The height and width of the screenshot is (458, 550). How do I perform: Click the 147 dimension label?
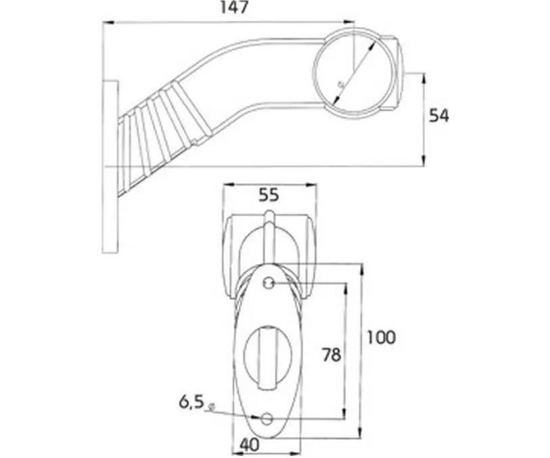(x=234, y=7)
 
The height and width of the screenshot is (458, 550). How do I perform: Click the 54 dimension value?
(x=439, y=116)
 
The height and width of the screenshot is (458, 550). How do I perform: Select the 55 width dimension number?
(x=269, y=195)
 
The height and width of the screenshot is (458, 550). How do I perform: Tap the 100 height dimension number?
(x=382, y=338)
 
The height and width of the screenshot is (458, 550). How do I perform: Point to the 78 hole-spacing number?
(x=331, y=355)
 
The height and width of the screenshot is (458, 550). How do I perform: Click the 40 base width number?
(x=250, y=445)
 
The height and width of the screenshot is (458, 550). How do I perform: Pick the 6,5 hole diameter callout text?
(x=191, y=403)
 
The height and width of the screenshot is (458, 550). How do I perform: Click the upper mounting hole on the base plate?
(x=269, y=282)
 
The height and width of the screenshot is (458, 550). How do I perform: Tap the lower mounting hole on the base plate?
(x=267, y=417)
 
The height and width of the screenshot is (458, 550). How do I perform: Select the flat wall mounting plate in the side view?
(x=110, y=167)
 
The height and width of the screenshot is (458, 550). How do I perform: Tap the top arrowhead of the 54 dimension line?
(x=423, y=78)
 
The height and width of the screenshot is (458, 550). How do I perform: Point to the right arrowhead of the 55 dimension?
(x=311, y=184)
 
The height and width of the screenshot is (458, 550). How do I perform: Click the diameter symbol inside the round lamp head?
(x=340, y=84)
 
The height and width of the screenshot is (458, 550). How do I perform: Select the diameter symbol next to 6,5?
(x=211, y=407)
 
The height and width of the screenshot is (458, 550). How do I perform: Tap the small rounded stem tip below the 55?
(x=269, y=214)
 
